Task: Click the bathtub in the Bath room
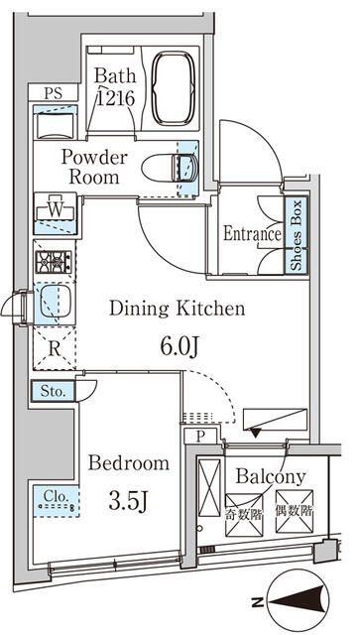pyautogui.click(x=174, y=87)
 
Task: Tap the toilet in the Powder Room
pyautogui.click(x=170, y=169)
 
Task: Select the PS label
pyautogui.click(x=53, y=93)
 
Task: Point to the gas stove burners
pyautogui.click(x=54, y=262)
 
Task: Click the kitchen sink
pyautogui.click(x=56, y=302)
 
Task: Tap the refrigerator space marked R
pyautogui.click(x=55, y=348)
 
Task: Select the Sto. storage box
pyautogui.click(x=53, y=392)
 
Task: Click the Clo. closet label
pyautogui.click(x=56, y=496)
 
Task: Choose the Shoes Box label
pyautogui.click(x=297, y=235)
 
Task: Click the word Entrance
pyautogui.click(x=252, y=234)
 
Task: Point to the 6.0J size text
pyautogui.click(x=179, y=346)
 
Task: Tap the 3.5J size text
pyautogui.click(x=126, y=500)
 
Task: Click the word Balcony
pyautogui.click(x=271, y=478)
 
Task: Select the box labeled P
pyautogui.click(x=200, y=437)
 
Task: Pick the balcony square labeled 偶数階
pyautogui.click(x=294, y=511)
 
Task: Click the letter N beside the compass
pyautogui.click(x=256, y=602)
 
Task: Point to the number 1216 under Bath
pyautogui.click(x=115, y=98)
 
